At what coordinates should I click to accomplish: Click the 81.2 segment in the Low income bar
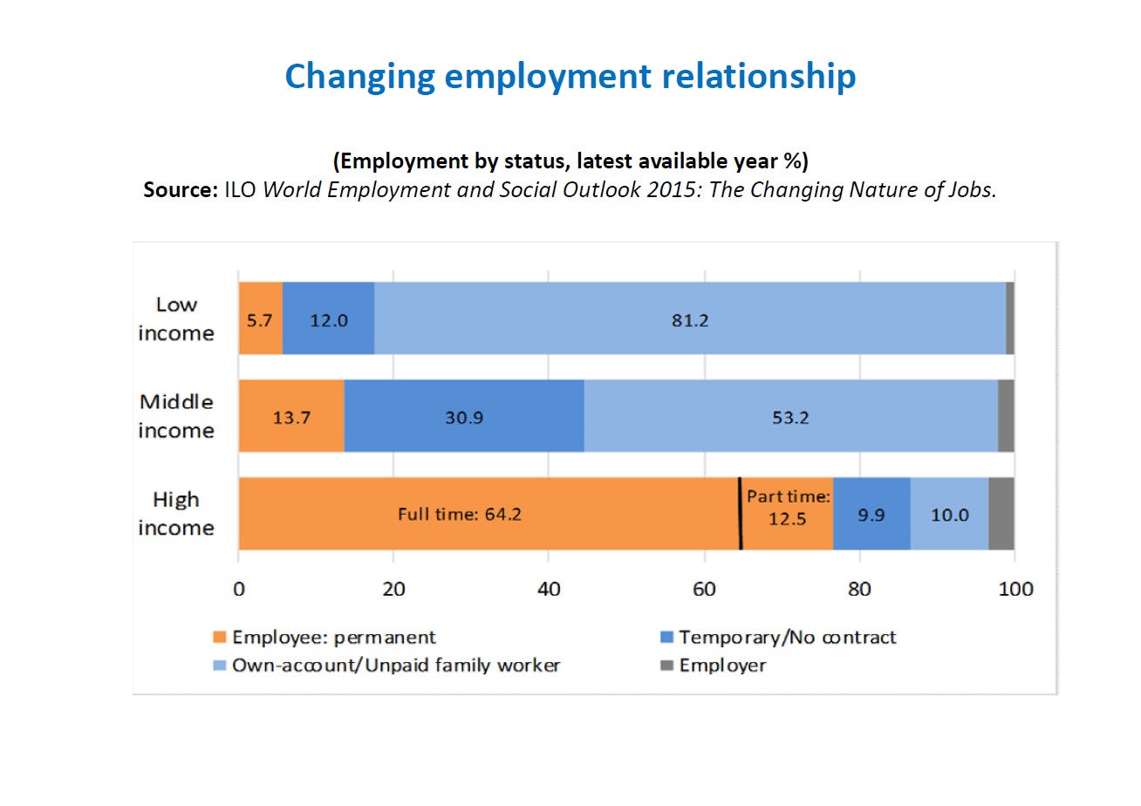[x=689, y=318]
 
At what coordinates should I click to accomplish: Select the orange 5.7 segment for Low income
[x=260, y=318]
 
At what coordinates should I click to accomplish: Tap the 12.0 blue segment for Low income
[x=329, y=318]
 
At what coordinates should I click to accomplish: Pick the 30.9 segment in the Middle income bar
[x=463, y=416]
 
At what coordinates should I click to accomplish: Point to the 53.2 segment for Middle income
[x=790, y=416]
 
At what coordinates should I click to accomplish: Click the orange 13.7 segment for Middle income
[x=291, y=416]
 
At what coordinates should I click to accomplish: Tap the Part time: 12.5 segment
[x=787, y=514]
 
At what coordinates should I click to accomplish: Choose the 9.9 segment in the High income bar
[x=871, y=514]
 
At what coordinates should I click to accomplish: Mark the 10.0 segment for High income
[x=949, y=514]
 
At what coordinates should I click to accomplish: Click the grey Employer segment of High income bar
[x=1001, y=514]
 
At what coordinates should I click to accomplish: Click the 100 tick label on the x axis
[x=1014, y=589]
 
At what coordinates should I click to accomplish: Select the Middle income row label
[x=175, y=416]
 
